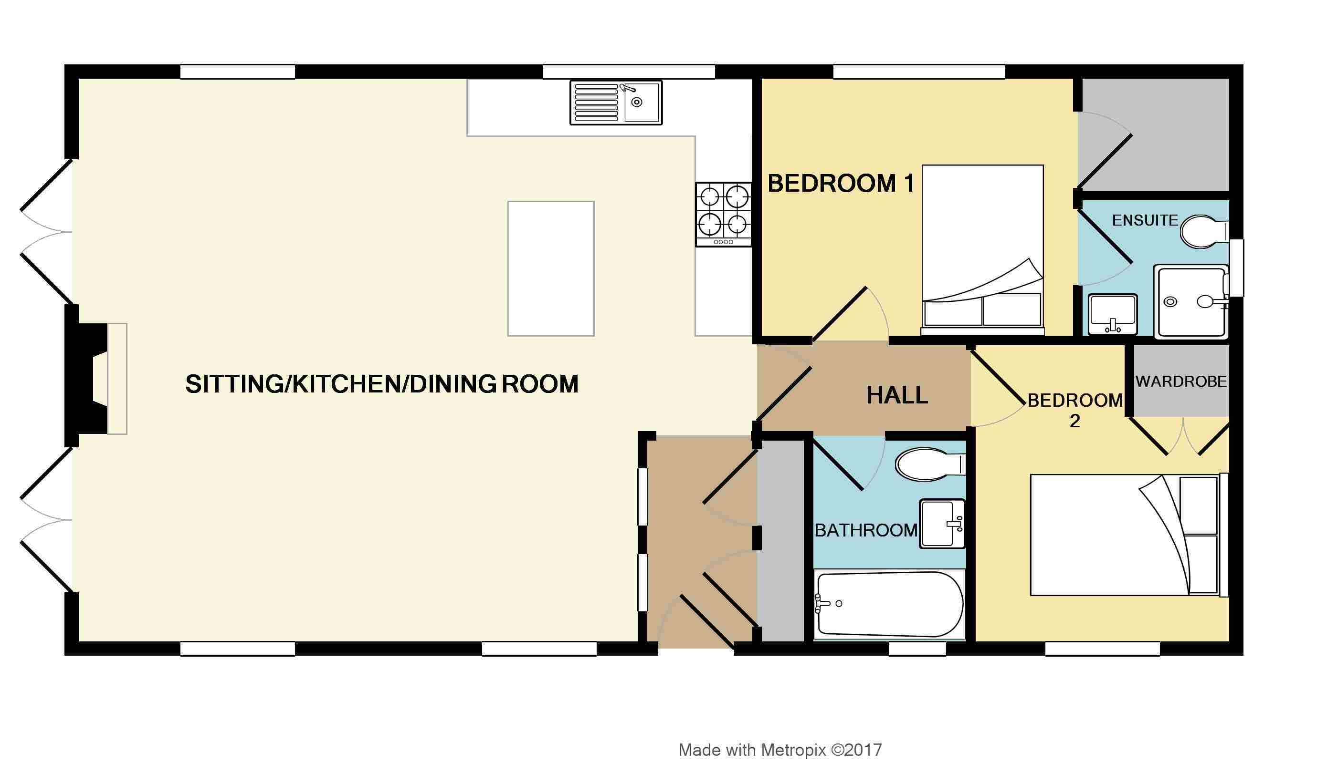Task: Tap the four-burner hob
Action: (x=723, y=214)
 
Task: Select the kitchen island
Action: (x=551, y=268)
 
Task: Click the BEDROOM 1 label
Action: (x=841, y=184)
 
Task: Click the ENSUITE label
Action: (x=1145, y=220)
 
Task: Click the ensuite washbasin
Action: (x=1113, y=314)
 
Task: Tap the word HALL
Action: (x=897, y=395)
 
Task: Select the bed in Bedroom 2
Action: (x=1129, y=535)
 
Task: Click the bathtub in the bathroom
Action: (x=890, y=604)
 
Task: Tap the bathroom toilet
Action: (x=930, y=464)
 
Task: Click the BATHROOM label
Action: (x=866, y=531)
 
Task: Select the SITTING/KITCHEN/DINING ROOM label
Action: (x=382, y=384)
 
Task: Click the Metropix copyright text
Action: (x=780, y=750)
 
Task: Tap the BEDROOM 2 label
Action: (x=1074, y=410)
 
